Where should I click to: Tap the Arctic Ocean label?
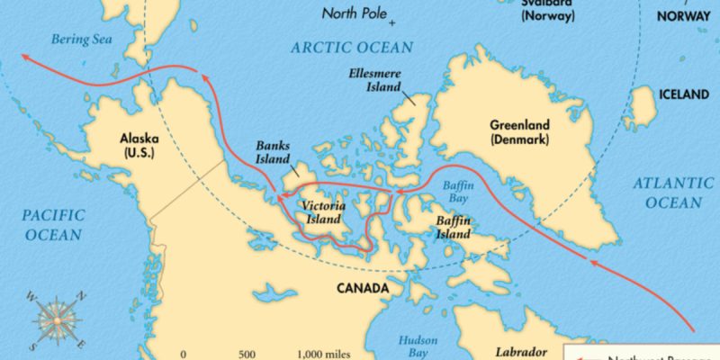click(x=352, y=47)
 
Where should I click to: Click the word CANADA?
click(x=362, y=289)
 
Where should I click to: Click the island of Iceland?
click(x=643, y=107)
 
